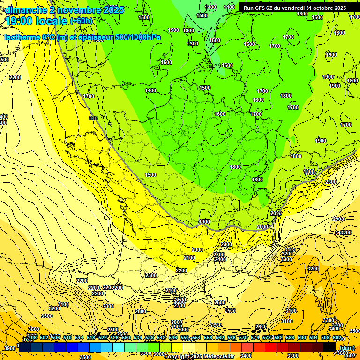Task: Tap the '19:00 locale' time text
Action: [36, 21]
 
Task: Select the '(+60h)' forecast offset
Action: [82, 21]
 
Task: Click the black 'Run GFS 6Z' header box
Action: [294, 7]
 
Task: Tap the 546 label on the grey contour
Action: [93, 118]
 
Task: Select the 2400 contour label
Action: [220, 259]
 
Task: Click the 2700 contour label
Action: [179, 305]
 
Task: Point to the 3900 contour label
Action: [9, 348]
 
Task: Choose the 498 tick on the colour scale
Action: [32, 337]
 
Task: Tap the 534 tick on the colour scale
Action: [138, 337]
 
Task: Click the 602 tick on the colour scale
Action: [337, 337]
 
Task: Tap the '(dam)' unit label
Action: [347, 347]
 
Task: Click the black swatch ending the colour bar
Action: [330, 347]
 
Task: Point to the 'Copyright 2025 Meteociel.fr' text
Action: [199, 356]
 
